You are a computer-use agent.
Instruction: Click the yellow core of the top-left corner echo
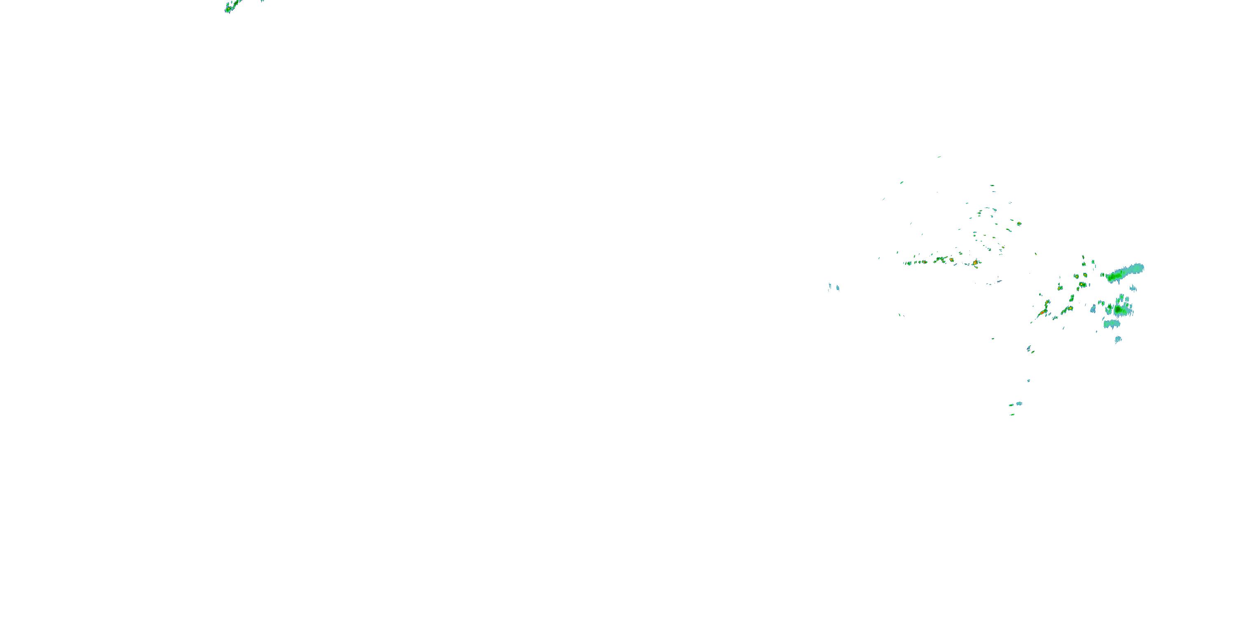pyautogui.click(x=229, y=9)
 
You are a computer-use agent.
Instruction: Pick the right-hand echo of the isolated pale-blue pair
pyautogui.click(x=838, y=288)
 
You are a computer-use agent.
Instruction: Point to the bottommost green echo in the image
pyautogui.click(x=1012, y=414)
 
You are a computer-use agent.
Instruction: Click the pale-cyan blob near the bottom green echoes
pyautogui.click(x=1018, y=403)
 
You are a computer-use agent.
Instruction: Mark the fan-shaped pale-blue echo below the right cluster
pyautogui.click(x=1118, y=340)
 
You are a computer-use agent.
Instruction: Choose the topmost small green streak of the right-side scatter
pyautogui.click(x=939, y=157)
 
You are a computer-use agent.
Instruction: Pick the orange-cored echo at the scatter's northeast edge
pyautogui.click(x=1018, y=224)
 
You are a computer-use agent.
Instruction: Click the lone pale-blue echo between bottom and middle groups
pyautogui.click(x=1028, y=381)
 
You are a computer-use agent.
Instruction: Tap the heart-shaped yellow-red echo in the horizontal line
pyautogui.click(x=951, y=260)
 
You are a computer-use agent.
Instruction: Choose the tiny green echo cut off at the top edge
pyautogui.click(x=262, y=1)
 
